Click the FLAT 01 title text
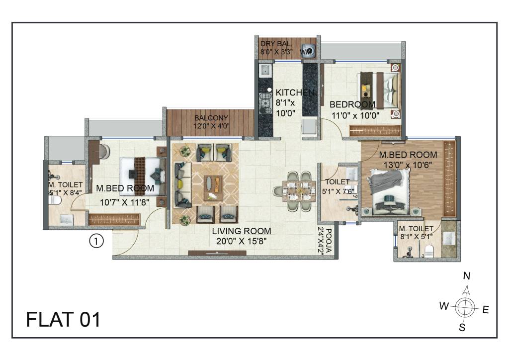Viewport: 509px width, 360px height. point(63,319)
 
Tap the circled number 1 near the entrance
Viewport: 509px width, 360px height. point(96,241)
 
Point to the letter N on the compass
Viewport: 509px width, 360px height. point(466,276)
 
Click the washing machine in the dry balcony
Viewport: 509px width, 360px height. point(309,51)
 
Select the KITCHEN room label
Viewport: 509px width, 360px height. point(295,92)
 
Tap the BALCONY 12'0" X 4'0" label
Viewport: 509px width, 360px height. point(211,122)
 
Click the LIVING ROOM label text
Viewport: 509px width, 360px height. point(242,231)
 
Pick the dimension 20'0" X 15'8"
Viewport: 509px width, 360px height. point(242,241)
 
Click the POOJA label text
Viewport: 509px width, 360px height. point(329,241)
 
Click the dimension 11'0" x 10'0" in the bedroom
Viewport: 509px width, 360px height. point(355,115)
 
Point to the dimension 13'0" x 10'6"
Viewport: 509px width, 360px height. point(408,165)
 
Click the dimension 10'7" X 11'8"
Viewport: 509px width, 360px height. point(124,202)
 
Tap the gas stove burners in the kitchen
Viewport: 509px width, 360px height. point(265,100)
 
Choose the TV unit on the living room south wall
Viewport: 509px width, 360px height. point(217,253)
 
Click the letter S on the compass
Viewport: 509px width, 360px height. point(462,327)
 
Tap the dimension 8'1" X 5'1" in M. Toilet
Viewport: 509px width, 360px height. point(417,237)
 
